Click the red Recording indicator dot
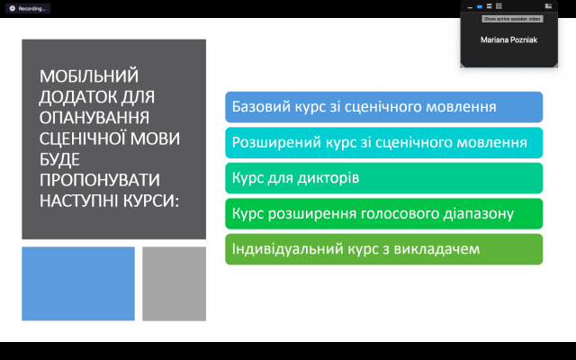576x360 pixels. click(x=12, y=8)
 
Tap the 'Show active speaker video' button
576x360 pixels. click(x=512, y=19)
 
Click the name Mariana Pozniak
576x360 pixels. click(x=508, y=40)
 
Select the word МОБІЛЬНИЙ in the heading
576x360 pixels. click(x=89, y=76)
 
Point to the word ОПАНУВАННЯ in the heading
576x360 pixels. click(x=94, y=118)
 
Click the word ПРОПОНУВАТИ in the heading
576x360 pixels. click(x=100, y=180)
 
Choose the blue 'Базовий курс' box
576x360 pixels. click(x=384, y=107)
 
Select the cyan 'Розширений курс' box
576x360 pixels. click(x=384, y=142)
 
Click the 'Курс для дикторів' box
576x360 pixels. click(x=384, y=178)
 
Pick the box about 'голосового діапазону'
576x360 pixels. click(x=384, y=214)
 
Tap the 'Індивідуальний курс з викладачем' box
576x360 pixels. click(x=384, y=249)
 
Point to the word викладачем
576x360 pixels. click(x=436, y=249)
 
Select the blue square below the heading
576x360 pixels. click(x=78, y=283)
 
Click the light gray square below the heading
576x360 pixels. click(x=174, y=283)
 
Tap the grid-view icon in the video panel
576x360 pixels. click(x=499, y=6)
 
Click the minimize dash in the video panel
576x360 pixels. click(x=470, y=7)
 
